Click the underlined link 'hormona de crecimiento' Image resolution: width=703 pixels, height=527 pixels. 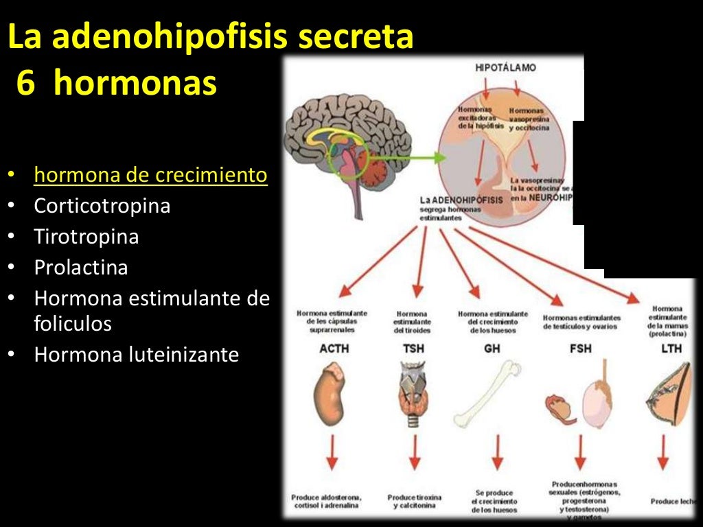[150, 175]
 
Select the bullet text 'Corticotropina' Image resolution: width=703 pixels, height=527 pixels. [102, 206]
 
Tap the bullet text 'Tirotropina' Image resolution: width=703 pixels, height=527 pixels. [87, 237]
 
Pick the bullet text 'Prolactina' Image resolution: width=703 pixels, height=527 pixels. [81, 267]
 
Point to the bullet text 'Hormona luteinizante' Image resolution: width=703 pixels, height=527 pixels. [137, 355]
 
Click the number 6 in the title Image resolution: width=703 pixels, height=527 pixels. [25, 84]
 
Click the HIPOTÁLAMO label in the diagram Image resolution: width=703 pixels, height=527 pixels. [505, 68]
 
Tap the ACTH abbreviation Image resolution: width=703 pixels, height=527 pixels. [334, 349]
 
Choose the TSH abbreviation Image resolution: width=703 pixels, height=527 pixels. [413, 349]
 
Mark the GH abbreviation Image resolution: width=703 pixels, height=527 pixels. [492, 349]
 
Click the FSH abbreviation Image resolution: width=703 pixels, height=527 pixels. [580, 349]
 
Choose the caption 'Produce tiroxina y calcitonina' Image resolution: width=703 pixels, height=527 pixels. [414, 501]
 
